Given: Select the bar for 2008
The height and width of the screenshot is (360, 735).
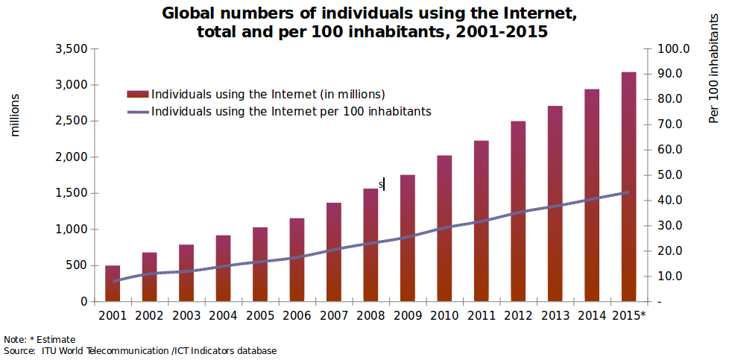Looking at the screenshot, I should tap(370, 245).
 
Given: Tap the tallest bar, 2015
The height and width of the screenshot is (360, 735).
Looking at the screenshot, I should tap(628, 186).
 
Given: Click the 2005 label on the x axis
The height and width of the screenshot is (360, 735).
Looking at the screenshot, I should tap(259, 315).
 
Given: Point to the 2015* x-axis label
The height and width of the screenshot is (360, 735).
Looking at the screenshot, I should tap(628, 315).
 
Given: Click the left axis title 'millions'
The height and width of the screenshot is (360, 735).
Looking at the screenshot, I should tap(15, 115).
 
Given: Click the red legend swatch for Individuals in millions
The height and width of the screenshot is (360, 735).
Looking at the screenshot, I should tap(138, 95).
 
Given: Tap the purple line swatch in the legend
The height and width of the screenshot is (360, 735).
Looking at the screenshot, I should tap(138, 112).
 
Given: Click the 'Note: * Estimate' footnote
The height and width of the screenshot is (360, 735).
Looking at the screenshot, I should tap(40, 340).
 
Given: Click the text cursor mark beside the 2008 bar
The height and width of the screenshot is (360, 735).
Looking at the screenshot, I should tap(383, 183).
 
